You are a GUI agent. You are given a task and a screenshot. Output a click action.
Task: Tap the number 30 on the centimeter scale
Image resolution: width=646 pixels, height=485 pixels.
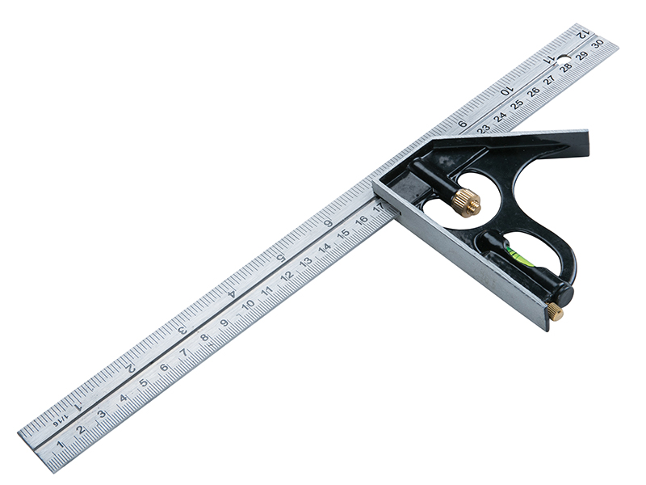tap(598, 44)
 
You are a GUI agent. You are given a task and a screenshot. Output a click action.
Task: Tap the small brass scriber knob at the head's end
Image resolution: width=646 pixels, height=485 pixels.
tap(556, 311)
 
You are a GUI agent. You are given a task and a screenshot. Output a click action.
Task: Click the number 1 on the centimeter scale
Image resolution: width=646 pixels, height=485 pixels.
tap(61, 444)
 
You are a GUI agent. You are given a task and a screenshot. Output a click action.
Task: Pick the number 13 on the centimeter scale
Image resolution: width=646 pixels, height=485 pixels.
tap(306, 261)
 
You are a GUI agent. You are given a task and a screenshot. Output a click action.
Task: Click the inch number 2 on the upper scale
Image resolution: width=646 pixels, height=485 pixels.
tap(130, 368)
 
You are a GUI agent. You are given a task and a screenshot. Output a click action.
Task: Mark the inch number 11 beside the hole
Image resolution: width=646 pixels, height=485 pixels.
tap(549, 60)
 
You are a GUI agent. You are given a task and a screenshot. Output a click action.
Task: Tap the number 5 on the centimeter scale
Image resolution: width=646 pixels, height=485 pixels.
tap(144, 382)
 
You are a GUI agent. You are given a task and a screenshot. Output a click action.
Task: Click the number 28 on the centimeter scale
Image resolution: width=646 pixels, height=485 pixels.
tap(567, 67)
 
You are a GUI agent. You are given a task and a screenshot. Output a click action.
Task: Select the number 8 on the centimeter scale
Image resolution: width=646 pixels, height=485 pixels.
tap(204, 337)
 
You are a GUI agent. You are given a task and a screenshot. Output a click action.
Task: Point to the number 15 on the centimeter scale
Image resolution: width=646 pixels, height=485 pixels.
tap(343, 234)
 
